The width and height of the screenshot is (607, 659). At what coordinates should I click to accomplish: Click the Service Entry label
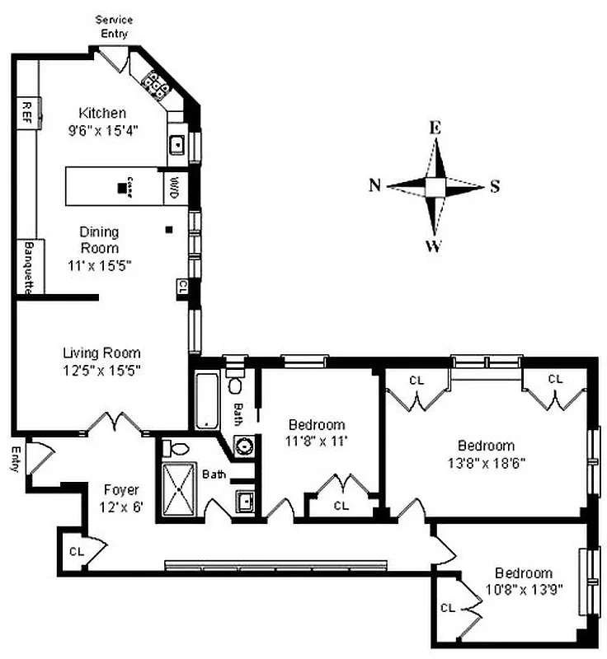pos(114,26)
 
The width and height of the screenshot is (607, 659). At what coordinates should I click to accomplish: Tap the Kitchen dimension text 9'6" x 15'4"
pos(102,129)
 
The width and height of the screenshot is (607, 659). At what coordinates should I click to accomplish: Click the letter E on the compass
pos(435,127)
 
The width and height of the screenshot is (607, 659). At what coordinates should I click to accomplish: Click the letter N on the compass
pos(374,185)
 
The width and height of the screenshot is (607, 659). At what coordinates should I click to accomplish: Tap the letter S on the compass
pos(495,185)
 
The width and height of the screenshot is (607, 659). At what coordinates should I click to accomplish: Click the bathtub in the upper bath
pos(206,401)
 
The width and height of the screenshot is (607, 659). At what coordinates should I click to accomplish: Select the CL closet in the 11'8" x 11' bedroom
pos(340,505)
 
